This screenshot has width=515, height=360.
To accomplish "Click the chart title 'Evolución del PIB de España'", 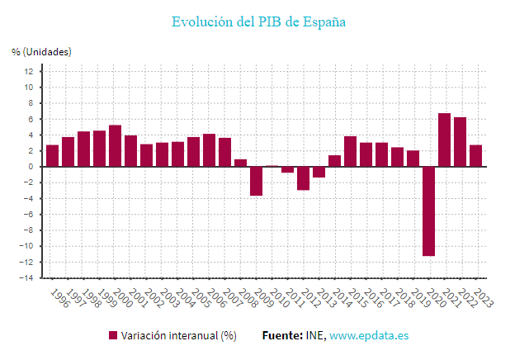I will (257, 21).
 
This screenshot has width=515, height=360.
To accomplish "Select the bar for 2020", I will (428, 211).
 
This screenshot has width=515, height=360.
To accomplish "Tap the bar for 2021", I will (444, 140).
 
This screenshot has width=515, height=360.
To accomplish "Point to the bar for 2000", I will (115, 146).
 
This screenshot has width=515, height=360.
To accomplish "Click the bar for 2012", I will (303, 178).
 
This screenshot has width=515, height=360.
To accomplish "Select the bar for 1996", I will (52, 156).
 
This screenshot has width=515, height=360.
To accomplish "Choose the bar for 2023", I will (475, 156).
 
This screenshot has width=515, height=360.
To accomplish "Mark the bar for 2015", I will (350, 151).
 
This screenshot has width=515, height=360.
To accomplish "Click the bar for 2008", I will (240, 163).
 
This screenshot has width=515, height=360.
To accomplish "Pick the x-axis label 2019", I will (412, 298).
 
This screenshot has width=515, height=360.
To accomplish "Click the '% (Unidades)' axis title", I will (41, 51).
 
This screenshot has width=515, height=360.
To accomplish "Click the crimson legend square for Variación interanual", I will (113, 336).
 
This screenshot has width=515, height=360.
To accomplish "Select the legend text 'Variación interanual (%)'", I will (178, 336).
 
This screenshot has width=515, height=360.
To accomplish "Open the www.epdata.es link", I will (369, 336).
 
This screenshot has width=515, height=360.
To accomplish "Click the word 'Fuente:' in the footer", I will (280, 336).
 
